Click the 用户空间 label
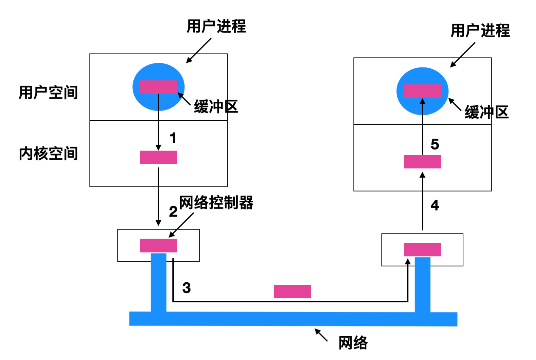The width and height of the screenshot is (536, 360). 48,93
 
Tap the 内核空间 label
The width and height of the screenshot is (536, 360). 48,154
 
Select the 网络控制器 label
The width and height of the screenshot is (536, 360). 216,203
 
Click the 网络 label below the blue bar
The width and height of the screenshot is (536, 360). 353,343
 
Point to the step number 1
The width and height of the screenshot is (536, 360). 173,138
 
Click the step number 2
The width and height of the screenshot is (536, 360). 173,212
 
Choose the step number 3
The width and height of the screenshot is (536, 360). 187,288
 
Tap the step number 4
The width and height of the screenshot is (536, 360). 435,205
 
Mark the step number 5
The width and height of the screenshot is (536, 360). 435,144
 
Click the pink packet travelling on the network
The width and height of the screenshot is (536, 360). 292,292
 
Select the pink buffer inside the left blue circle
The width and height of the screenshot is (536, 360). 158,87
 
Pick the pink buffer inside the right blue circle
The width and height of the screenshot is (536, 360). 422,91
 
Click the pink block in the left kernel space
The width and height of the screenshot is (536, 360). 158,157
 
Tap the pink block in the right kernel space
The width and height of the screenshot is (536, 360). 422,162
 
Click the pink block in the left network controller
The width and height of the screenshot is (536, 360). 158,245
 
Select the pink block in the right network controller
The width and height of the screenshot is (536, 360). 422,249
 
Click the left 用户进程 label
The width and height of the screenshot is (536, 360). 216,26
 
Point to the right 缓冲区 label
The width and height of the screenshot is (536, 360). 486,112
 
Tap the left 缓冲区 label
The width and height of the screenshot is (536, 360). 216,107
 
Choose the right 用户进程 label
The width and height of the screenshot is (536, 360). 480,31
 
